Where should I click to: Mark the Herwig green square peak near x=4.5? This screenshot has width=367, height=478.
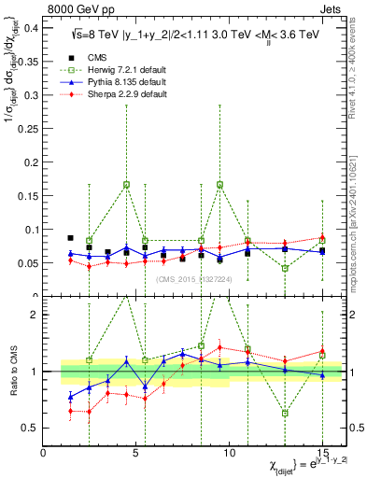(x=126, y=185)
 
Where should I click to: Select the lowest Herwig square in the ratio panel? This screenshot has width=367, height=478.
(x=285, y=413)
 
